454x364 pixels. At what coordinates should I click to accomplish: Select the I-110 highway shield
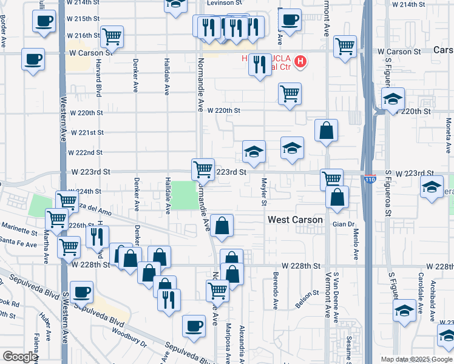coord(370,180)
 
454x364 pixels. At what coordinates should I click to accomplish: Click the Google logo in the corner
coord(20,357)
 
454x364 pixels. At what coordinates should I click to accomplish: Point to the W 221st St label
coord(87,132)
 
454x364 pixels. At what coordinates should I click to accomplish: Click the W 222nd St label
coord(86,152)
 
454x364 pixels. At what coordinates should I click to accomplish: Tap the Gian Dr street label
coord(342,224)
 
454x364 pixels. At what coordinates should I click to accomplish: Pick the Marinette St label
coord(19,230)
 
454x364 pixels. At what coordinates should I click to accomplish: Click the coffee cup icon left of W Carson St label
coord(33,59)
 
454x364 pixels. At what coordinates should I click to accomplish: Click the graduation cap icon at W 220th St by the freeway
coord(393,98)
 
